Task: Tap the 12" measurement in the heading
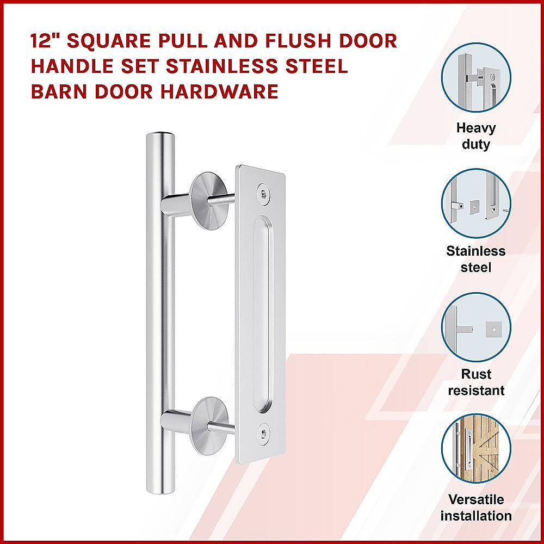pos(45,41)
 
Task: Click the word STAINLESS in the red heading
pos(215,66)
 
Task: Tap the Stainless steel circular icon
pos(476,202)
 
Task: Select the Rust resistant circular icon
pos(476,326)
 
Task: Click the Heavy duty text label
pos(476,136)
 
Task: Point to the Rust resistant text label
pos(476,382)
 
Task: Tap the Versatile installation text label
pos(476,507)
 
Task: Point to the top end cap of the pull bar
pos(160,134)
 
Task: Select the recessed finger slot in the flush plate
pos(262,313)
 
